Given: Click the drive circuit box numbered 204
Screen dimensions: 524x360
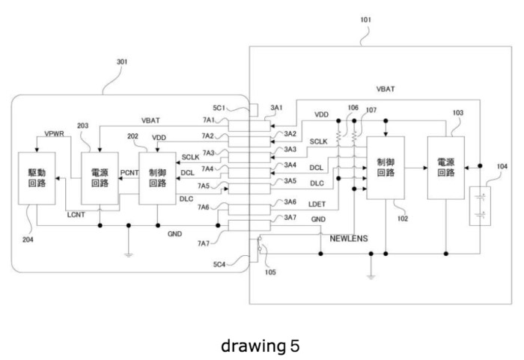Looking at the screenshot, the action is (x=37, y=178).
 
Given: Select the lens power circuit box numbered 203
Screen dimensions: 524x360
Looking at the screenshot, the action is (x=100, y=178).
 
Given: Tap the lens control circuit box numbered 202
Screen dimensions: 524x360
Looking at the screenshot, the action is (x=157, y=178).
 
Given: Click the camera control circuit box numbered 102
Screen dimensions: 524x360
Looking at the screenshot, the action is (x=386, y=168).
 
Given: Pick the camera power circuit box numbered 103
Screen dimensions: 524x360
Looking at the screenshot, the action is (x=446, y=168).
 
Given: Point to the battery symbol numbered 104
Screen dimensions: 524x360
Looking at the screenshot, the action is (x=481, y=206).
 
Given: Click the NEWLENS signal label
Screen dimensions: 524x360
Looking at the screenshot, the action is (x=349, y=238).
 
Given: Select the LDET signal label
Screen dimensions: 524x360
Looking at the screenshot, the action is (x=317, y=204).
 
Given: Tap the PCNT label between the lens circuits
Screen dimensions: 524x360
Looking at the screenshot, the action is (x=129, y=173).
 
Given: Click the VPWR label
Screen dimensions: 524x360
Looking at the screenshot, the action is (x=54, y=134).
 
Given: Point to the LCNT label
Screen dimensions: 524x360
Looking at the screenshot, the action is (x=76, y=215).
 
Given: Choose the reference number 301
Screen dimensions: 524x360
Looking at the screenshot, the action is (x=121, y=62).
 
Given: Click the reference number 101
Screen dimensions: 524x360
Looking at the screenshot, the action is (x=365, y=19).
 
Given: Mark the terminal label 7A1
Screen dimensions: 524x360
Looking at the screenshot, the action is (x=209, y=120).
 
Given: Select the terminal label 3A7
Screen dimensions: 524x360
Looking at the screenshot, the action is (x=290, y=218).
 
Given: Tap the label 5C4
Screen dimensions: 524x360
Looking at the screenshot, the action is (x=219, y=264).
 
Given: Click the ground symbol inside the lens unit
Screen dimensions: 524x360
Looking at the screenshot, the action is (x=128, y=255).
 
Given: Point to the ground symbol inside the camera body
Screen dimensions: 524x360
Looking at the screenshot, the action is (x=371, y=277).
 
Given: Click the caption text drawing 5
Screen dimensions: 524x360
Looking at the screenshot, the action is (x=260, y=346).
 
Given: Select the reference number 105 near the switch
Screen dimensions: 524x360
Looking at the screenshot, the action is (x=270, y=272).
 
